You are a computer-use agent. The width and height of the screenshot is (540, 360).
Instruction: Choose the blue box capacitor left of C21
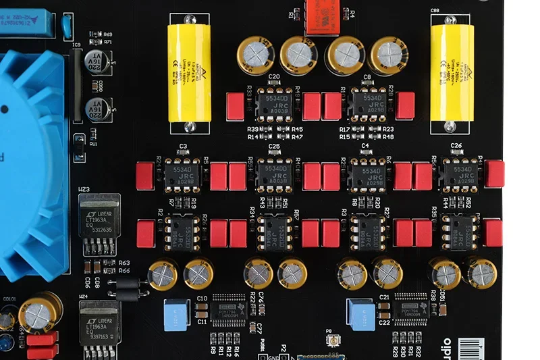point(360,312)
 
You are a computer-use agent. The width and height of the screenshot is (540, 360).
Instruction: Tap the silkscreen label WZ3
point(84,190)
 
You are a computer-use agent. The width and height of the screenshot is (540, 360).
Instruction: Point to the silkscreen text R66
point(124,271)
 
